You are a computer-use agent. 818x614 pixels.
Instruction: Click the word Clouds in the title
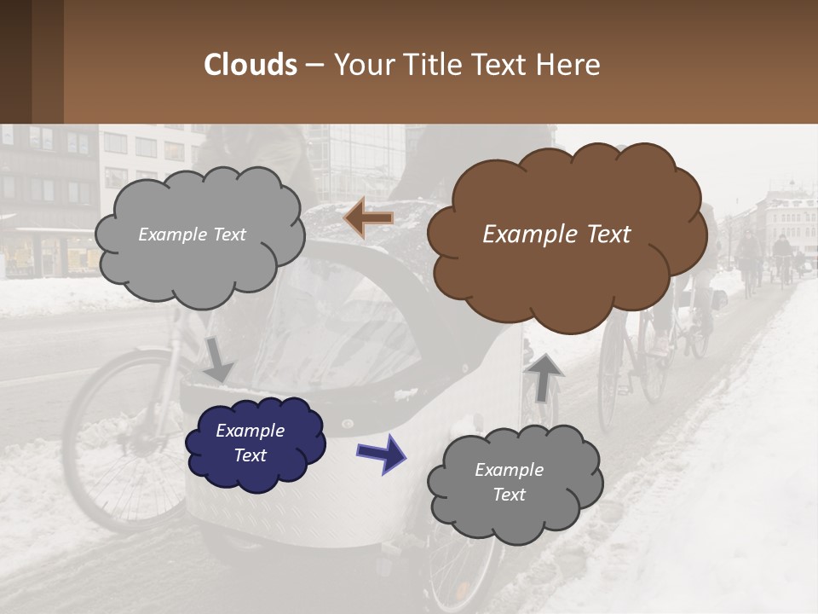click(251, 65)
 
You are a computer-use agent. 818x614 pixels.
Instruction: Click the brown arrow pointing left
click(368, 218)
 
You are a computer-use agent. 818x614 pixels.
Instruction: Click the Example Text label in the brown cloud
click(556, 235)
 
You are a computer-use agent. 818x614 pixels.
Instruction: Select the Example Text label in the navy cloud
click(250, 443)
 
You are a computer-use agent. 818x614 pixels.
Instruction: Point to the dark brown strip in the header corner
click(32, 61)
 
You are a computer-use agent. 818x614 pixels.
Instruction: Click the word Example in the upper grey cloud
click(171, 235)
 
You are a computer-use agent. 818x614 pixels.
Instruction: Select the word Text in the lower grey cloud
click(509, 495)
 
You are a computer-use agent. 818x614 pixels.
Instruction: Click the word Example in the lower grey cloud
click(509, 470)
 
